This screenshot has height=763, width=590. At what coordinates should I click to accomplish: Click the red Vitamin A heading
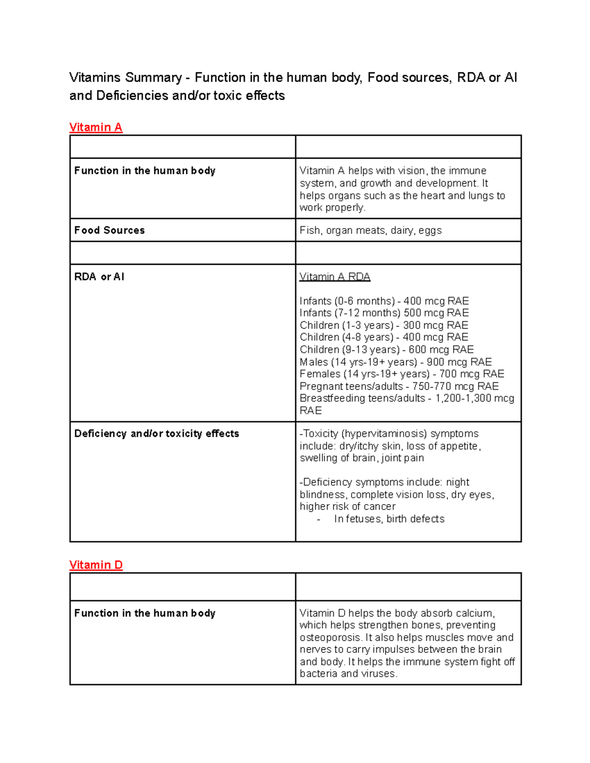click(x=95, y=128)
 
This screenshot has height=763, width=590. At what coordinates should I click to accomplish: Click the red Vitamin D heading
click(x=96, y=565)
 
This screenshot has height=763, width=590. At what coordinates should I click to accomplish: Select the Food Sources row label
click(x=109, y=230)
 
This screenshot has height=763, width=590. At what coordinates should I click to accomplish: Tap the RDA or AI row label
click(x=99, y=277)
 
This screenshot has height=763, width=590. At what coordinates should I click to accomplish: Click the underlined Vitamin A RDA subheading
click(x=335, y=277)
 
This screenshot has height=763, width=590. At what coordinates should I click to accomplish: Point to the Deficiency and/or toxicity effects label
click(x=156, y=434)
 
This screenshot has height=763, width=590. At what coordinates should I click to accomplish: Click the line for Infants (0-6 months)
click(x=384, y=301)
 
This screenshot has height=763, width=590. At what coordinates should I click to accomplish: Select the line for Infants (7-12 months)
click(x=384, y=313)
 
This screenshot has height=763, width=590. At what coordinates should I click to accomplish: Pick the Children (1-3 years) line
click(x=383, y=325)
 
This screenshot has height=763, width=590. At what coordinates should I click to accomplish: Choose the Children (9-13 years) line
click(x=386, y=349)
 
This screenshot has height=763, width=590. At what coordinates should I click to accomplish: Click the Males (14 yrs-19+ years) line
click(x=395, y=362)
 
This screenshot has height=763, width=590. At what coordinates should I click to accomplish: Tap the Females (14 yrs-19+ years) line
click(x=402, y=374)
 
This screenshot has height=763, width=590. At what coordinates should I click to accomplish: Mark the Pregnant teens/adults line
click(x=399, y=386)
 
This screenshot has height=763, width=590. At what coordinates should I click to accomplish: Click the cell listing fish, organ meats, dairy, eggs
click(x=371, y=230)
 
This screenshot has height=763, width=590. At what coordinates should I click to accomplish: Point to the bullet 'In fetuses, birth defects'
click(x=389, y=519)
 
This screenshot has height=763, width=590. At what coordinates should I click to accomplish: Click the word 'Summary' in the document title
click(x=153, y=78)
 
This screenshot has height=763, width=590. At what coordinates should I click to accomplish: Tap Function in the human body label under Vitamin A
click(x=145, y=171)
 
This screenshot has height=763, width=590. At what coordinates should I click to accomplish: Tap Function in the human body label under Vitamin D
click(x=145, y=613)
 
